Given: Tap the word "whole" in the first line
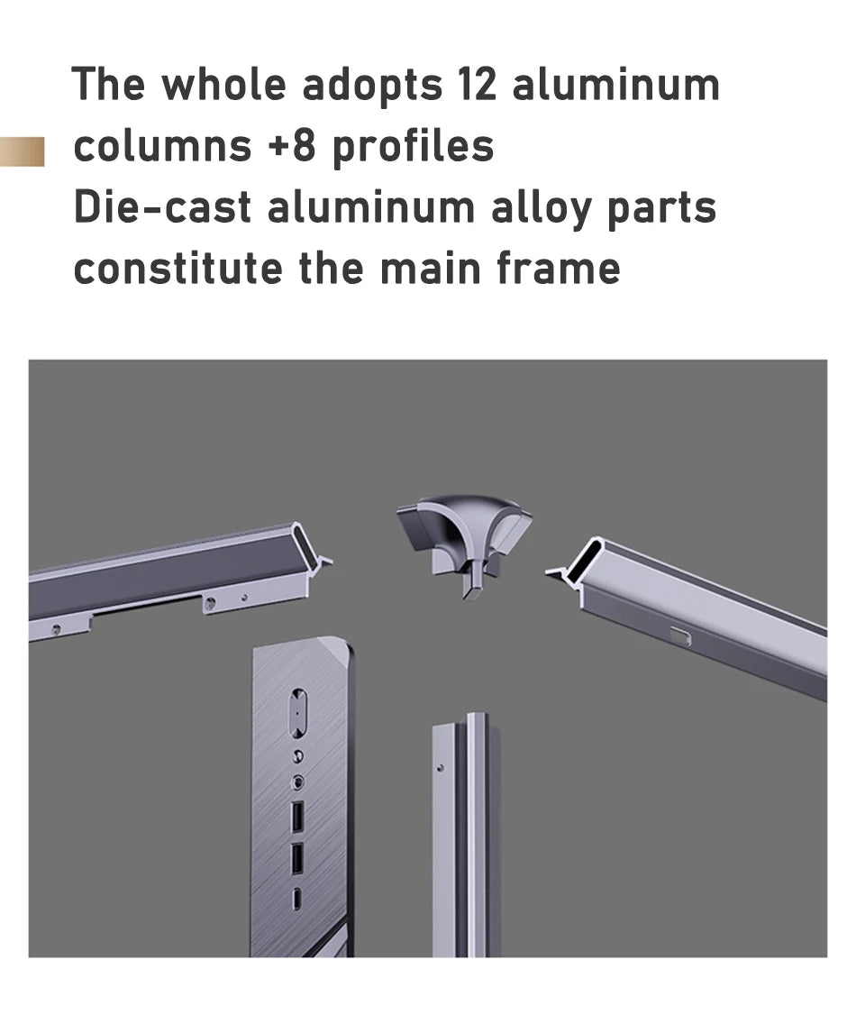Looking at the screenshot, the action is (223, 84).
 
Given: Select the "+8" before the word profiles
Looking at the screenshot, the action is (292, 145).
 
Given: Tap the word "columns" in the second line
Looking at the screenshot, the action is (162, 145).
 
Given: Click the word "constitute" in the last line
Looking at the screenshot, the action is (178, 268).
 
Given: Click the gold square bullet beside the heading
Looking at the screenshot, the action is (22, 151).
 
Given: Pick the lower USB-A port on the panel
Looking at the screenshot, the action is (297, 858).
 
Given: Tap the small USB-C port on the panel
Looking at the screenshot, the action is (297, 897).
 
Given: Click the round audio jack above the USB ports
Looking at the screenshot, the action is (298, 782).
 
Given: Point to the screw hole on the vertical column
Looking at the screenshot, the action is (441, 767).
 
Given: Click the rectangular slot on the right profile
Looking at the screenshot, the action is (681, 635).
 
